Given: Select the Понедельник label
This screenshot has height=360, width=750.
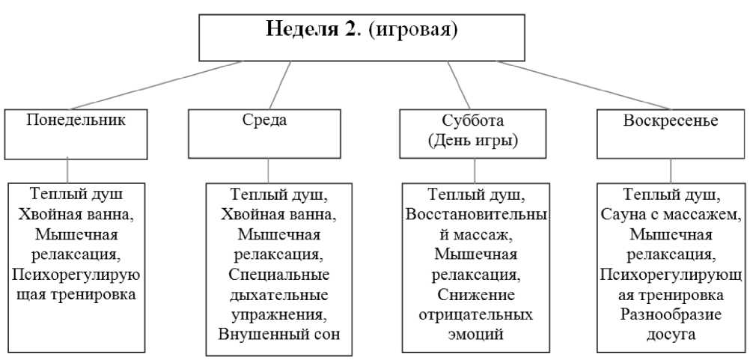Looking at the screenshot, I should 76,120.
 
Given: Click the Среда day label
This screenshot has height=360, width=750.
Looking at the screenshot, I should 265,120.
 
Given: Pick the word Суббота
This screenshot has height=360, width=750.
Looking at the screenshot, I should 473,121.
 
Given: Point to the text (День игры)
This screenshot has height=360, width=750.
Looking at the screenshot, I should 473,140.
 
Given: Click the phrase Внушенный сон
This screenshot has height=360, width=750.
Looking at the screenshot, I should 280,333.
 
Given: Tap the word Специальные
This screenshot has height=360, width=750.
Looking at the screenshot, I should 280,274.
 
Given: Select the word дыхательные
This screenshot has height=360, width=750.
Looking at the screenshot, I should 280,294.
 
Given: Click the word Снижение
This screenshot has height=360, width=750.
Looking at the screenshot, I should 473,294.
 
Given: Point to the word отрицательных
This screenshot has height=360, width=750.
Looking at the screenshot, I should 473,314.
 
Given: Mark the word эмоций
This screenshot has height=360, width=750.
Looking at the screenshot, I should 473,333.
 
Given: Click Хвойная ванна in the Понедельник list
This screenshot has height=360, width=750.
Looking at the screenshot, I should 76,214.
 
